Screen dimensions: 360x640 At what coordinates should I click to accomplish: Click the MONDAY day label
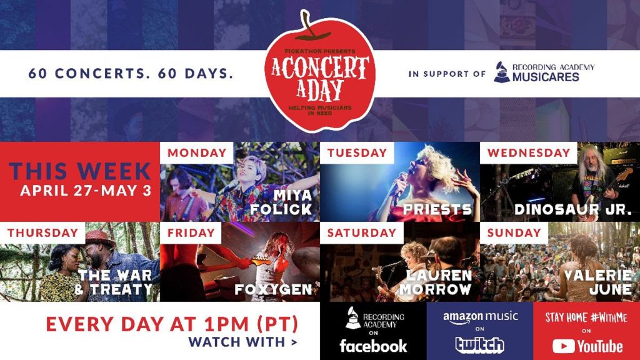[x=197, y=152]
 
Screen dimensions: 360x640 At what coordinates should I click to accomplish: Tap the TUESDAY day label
[x=357, y=152]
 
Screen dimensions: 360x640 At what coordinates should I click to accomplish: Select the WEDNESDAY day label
[x=529, y=152]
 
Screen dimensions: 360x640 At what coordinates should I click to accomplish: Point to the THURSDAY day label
[x=42, y=232]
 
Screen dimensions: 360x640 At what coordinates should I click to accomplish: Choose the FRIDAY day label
[x=191, y=232]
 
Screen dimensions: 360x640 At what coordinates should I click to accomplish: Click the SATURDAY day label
[x=361, y=232]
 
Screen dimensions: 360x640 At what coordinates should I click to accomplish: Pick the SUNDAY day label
[x=514, y=232]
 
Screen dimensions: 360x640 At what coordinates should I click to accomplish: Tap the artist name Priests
[x=437, y=209]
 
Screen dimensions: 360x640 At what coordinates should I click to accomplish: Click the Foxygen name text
[x=273, y=290]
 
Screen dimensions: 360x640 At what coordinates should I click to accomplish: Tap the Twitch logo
[x=479, y=344]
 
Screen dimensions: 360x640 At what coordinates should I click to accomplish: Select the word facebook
[x=373, y=346]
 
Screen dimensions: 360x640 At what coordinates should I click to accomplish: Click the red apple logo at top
[x=319, y=72]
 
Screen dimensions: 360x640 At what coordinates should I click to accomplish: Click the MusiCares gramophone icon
[x=501, y=72]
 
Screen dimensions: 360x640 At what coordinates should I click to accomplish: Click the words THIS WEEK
[x=80, y=171]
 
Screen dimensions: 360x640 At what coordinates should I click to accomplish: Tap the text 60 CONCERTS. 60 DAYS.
[x=131, y=74]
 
